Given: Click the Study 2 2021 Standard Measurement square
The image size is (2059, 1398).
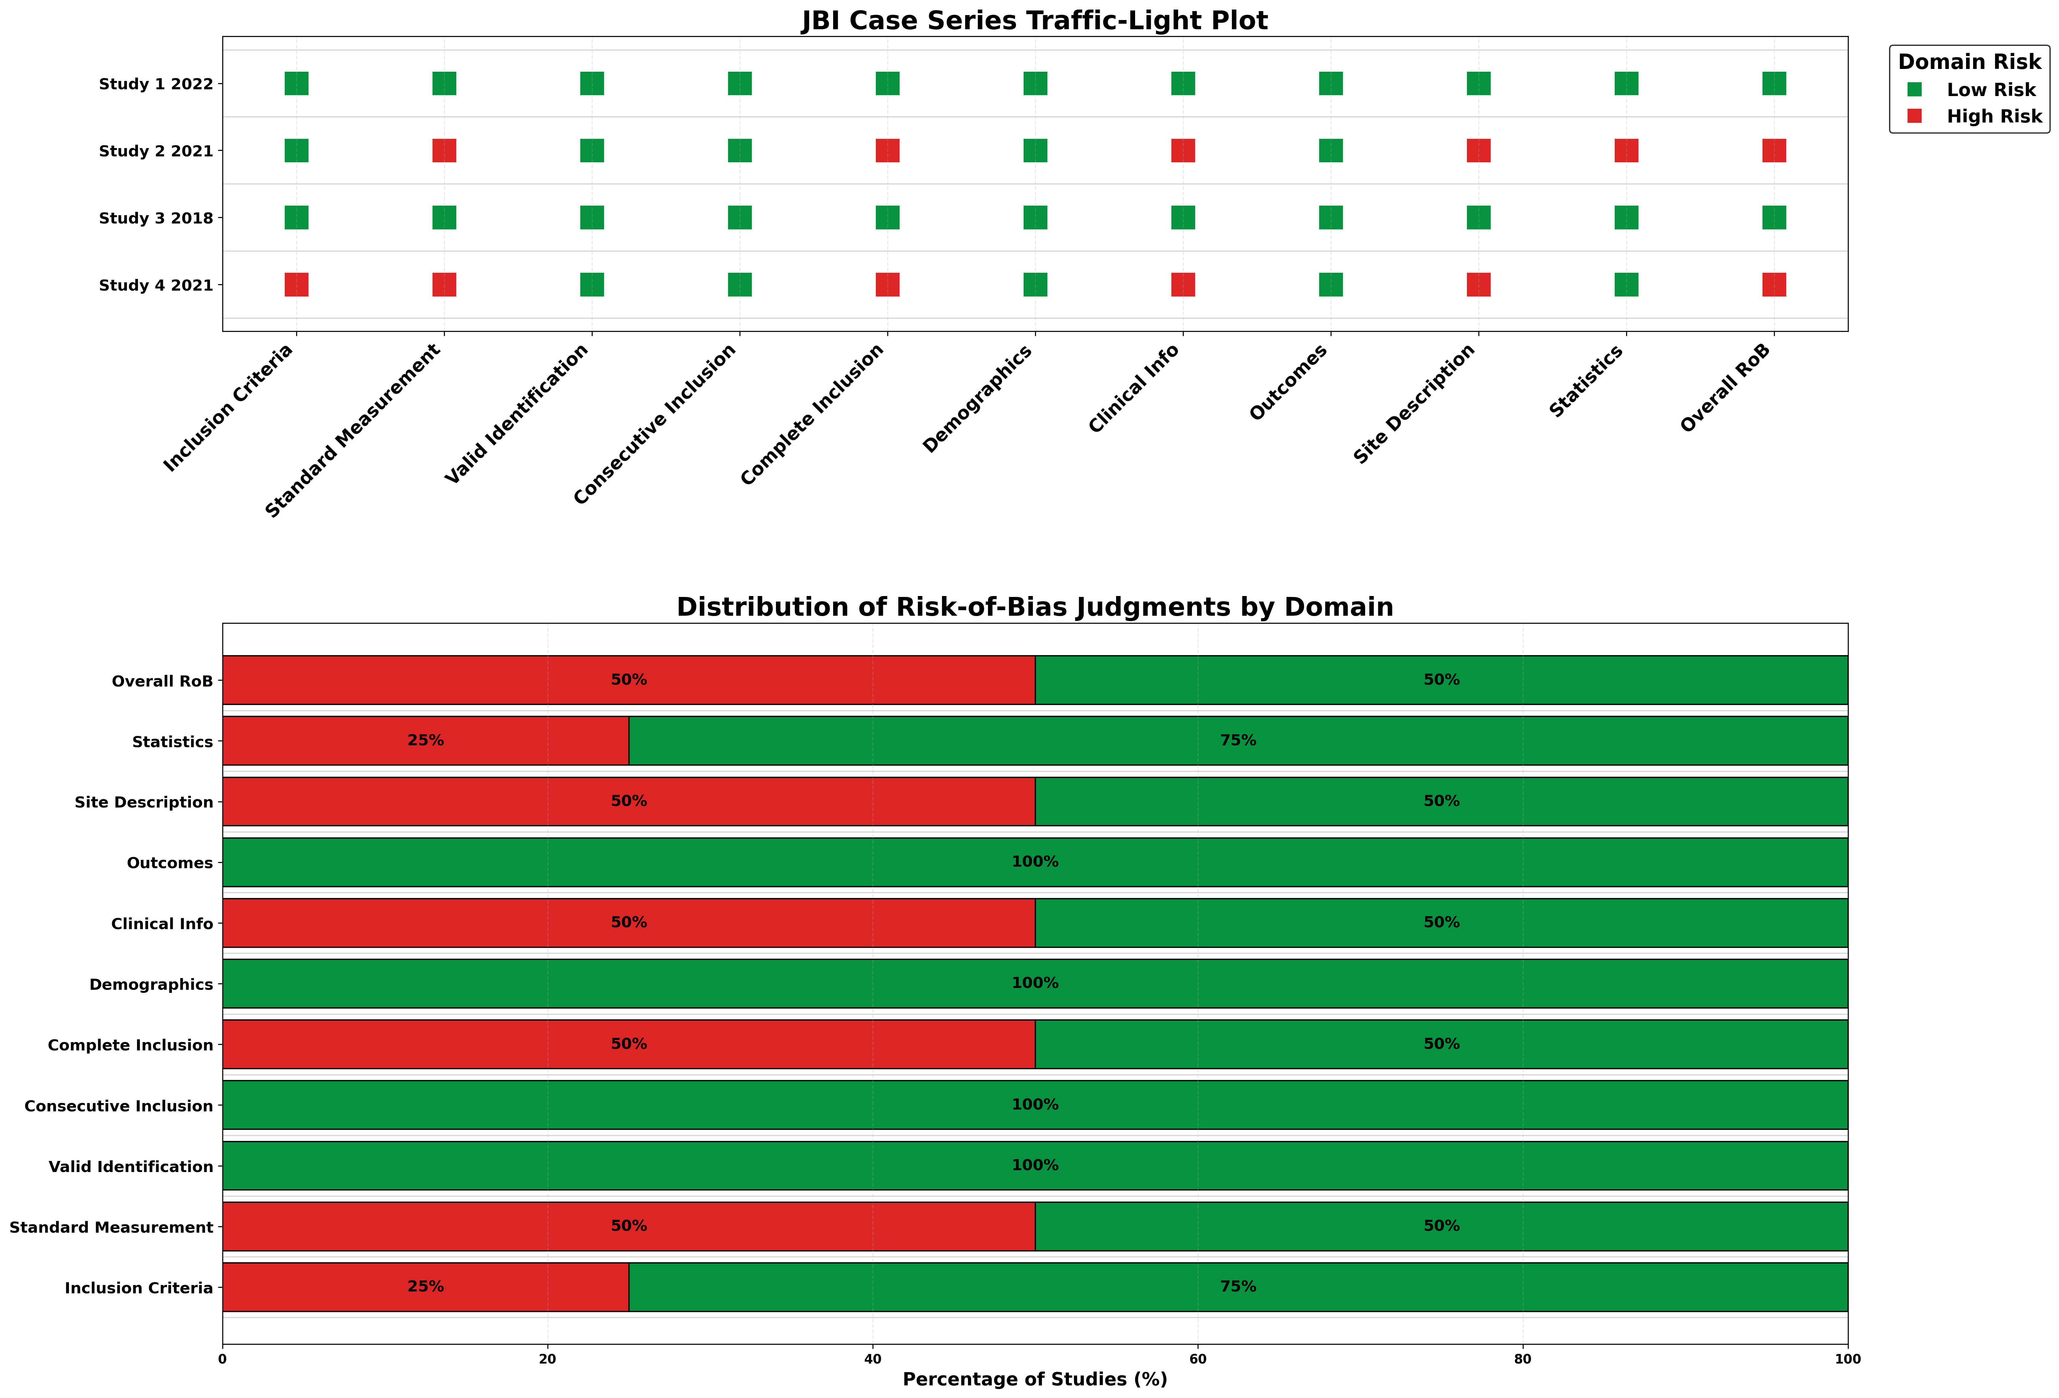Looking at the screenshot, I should point(444,151).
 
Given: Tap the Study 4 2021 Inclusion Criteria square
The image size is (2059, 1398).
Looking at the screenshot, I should point(296,284).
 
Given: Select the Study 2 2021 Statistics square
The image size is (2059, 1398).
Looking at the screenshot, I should point(1626,151).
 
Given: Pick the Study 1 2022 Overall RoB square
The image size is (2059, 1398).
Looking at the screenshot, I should point(1774,83).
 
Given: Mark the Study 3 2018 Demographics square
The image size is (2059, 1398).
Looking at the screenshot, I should point(1035,218).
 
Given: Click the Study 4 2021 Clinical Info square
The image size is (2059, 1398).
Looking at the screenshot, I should point(1183,284).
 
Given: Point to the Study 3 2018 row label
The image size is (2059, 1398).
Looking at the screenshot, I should point(156,218).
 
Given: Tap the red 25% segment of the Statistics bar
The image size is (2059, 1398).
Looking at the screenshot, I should point(425,741).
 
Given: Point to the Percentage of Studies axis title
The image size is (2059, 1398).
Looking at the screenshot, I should point(1035,1380).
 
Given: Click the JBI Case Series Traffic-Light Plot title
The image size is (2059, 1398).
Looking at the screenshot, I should point(1035,20).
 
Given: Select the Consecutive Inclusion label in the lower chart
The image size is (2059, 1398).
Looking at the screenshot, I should point(119,1106).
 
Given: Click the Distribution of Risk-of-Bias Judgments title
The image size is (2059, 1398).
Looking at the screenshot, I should point(1035,607).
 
